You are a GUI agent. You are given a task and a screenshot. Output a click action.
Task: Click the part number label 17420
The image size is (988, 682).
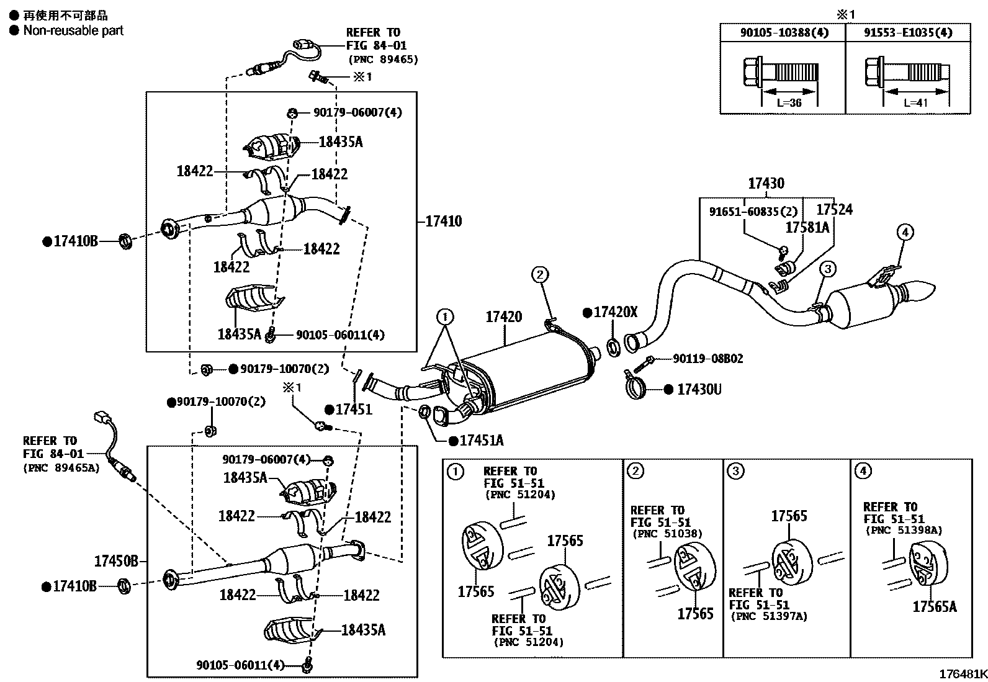(x=503, y=317)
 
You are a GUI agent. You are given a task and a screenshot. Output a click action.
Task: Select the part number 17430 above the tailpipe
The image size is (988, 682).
(x=766, y=184)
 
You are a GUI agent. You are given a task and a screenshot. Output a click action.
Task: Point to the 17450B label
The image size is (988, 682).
(x=116, y=562)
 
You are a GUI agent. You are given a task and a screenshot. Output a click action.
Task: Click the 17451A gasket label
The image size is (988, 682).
(x=481, y=441)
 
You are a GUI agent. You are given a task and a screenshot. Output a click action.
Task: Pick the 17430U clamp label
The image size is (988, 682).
(x=699, y=390)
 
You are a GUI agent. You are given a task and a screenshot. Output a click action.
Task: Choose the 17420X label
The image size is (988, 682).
(x=615, y=312)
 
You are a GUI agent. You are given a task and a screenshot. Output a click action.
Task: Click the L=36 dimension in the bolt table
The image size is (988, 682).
(x=789, y=103)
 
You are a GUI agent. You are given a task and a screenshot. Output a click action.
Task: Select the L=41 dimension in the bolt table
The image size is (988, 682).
(x=915, y=103)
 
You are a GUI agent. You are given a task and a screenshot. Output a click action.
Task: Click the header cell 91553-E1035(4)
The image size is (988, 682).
(x=908, y=32)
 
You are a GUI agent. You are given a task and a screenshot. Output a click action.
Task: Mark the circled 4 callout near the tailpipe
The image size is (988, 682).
(x=905, y=233)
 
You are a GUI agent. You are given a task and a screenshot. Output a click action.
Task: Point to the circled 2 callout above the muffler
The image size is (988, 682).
(x=540, y=274)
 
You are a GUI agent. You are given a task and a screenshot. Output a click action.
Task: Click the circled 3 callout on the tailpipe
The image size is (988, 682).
(x=827, y=269)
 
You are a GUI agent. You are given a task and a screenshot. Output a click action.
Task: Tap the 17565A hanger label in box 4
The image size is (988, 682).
(x=934, y=606)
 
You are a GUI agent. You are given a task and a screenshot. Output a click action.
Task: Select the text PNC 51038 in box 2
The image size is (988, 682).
(x=667, y=534)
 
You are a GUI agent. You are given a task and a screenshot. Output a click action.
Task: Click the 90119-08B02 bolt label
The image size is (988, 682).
(x=707, y=359)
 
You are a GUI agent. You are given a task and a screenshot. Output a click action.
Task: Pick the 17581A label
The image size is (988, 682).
(x=807, y=228)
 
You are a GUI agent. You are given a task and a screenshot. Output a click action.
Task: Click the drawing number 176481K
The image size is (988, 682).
(x=963, y=674)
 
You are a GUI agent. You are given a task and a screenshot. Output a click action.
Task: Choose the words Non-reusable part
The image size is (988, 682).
(x=73, y=30)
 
